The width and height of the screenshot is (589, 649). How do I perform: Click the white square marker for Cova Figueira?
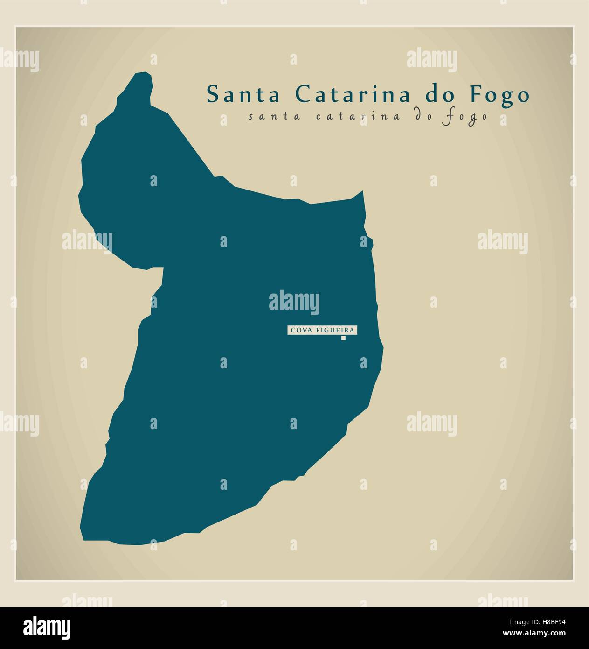(x=344, y=339)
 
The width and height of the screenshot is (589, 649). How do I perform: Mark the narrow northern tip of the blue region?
(x=142, y=78)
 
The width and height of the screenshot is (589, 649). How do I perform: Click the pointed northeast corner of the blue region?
(x=362, y=192)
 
